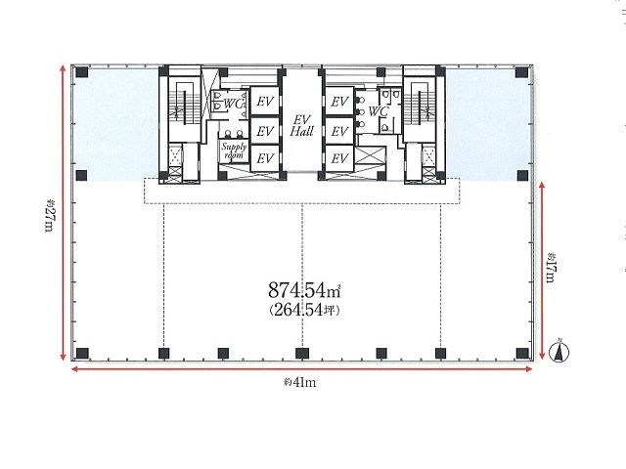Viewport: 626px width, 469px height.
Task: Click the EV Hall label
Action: click(x=302, y=126)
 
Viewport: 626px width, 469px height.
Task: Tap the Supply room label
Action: click(x=234, y=150)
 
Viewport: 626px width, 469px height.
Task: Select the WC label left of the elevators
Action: click(x=234, y=104)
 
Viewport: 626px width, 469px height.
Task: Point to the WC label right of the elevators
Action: click(x=379, y=111)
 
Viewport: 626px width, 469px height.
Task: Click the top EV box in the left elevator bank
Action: click(x=264, y=102)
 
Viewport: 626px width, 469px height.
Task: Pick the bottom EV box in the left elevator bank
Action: click(x=264, y=158)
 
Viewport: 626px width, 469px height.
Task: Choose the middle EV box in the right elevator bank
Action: click(x=339, y=131)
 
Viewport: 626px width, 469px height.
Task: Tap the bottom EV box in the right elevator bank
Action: click(x=339, y=158)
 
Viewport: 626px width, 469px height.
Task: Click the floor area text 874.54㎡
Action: click(x=304, y=290)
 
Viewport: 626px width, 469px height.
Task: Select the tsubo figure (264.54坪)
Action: click(x=304, y=310)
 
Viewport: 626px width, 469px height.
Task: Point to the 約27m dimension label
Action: click(x=49, y=215)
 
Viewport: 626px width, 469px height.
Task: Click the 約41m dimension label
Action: click(x=299, y=382)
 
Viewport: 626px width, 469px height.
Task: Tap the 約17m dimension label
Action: click(x=551, y=268)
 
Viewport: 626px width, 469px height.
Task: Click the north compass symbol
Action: click(x=559, y=352)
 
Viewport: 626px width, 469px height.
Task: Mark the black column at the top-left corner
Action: click(x=82, y=72)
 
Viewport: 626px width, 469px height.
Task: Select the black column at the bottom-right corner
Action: click(x=522, y=354)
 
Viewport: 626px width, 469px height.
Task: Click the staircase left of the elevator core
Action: click(x=184, y=106)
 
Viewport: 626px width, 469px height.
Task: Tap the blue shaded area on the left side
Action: click(x=115, y=124)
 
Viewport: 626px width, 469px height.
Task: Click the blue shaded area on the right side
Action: click(x=488, y=124)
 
